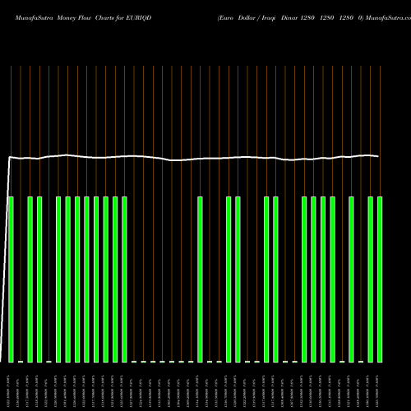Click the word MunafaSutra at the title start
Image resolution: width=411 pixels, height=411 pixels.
25,17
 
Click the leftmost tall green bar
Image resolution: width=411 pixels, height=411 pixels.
11,279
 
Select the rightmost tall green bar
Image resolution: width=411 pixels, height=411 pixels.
380,279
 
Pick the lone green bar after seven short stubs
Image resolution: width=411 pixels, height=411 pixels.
200,279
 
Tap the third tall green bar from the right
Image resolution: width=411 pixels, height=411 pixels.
352,279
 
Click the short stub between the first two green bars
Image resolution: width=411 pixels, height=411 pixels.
21,361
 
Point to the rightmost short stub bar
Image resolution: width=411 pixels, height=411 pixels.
361,361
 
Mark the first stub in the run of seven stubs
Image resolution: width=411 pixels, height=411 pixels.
134,361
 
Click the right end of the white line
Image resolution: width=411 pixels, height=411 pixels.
379,156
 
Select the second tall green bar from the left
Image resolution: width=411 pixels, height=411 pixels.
30,279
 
